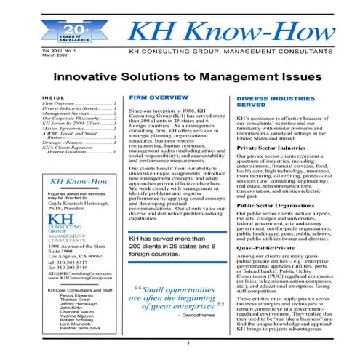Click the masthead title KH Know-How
pyautogui.click(x=226, y=31)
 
